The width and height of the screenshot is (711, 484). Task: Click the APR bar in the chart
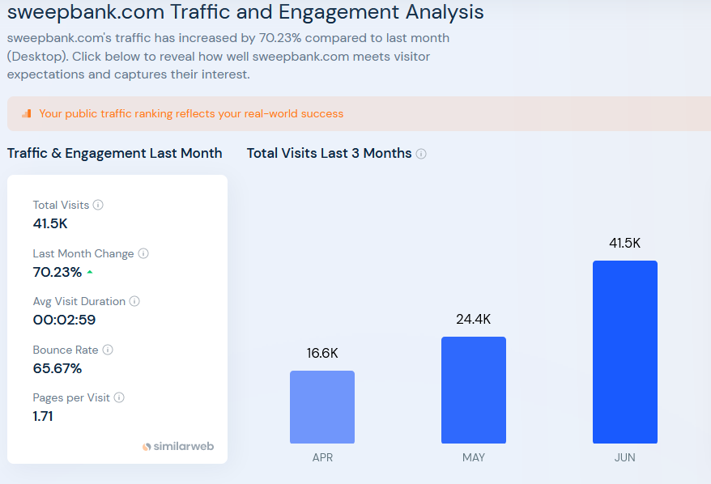point(322,407)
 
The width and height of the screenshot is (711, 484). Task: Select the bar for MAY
point(474,390)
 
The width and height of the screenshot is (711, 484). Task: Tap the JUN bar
point(625,352)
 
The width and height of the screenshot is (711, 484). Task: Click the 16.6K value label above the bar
point(322,354)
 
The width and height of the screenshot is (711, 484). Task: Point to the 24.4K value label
point(474,320)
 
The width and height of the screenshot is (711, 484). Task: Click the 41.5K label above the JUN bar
point(625,243)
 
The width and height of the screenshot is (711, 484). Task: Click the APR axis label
point(322,458)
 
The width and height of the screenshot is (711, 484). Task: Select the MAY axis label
point(474,458)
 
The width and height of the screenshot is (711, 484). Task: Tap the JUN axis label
point(625,458)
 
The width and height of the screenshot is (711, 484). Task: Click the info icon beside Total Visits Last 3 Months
point(421,154)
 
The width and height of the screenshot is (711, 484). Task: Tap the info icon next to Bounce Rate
point(108,350)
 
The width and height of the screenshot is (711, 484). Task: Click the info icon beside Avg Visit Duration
point(134,301)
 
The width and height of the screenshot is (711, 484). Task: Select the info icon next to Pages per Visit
point(119,397)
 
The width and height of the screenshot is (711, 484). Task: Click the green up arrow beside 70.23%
point(90,272)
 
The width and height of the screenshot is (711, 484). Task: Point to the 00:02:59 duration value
point(64,320)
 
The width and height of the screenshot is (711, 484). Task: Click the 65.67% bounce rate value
point(57,368)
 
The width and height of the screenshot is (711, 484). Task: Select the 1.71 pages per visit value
point(43,416)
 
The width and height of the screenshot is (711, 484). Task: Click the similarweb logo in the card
point(179,446)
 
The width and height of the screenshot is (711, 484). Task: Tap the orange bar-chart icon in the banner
point(27,113)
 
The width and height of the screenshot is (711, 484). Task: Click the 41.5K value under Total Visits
point(50,223)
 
